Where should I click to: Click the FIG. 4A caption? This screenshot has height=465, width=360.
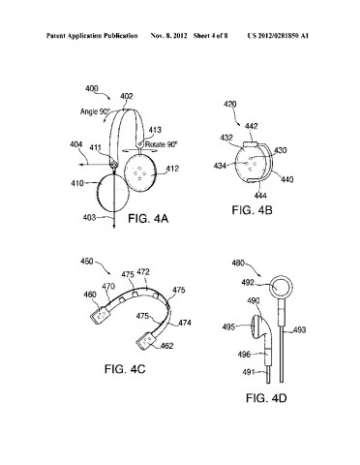click(x=150, y=220)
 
